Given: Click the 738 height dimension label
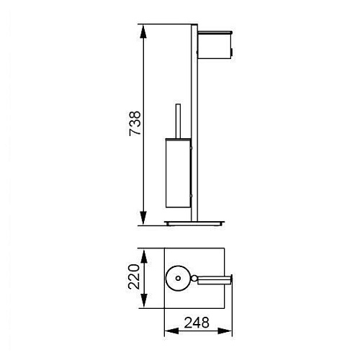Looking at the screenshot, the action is (135, 123).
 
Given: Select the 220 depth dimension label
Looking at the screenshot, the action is (134, 276).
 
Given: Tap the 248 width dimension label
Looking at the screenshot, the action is (197, 323).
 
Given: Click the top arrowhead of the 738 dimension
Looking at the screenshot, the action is (143, 31).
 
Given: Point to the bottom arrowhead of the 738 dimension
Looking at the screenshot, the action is (143, 218).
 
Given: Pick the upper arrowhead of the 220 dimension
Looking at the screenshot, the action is (143, 256).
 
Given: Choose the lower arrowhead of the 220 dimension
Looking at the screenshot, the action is (143, 301).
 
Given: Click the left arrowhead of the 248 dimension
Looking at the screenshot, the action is (171, 331).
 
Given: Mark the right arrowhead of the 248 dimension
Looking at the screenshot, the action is (225, 331).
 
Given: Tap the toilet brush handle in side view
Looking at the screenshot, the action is (178, 121).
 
